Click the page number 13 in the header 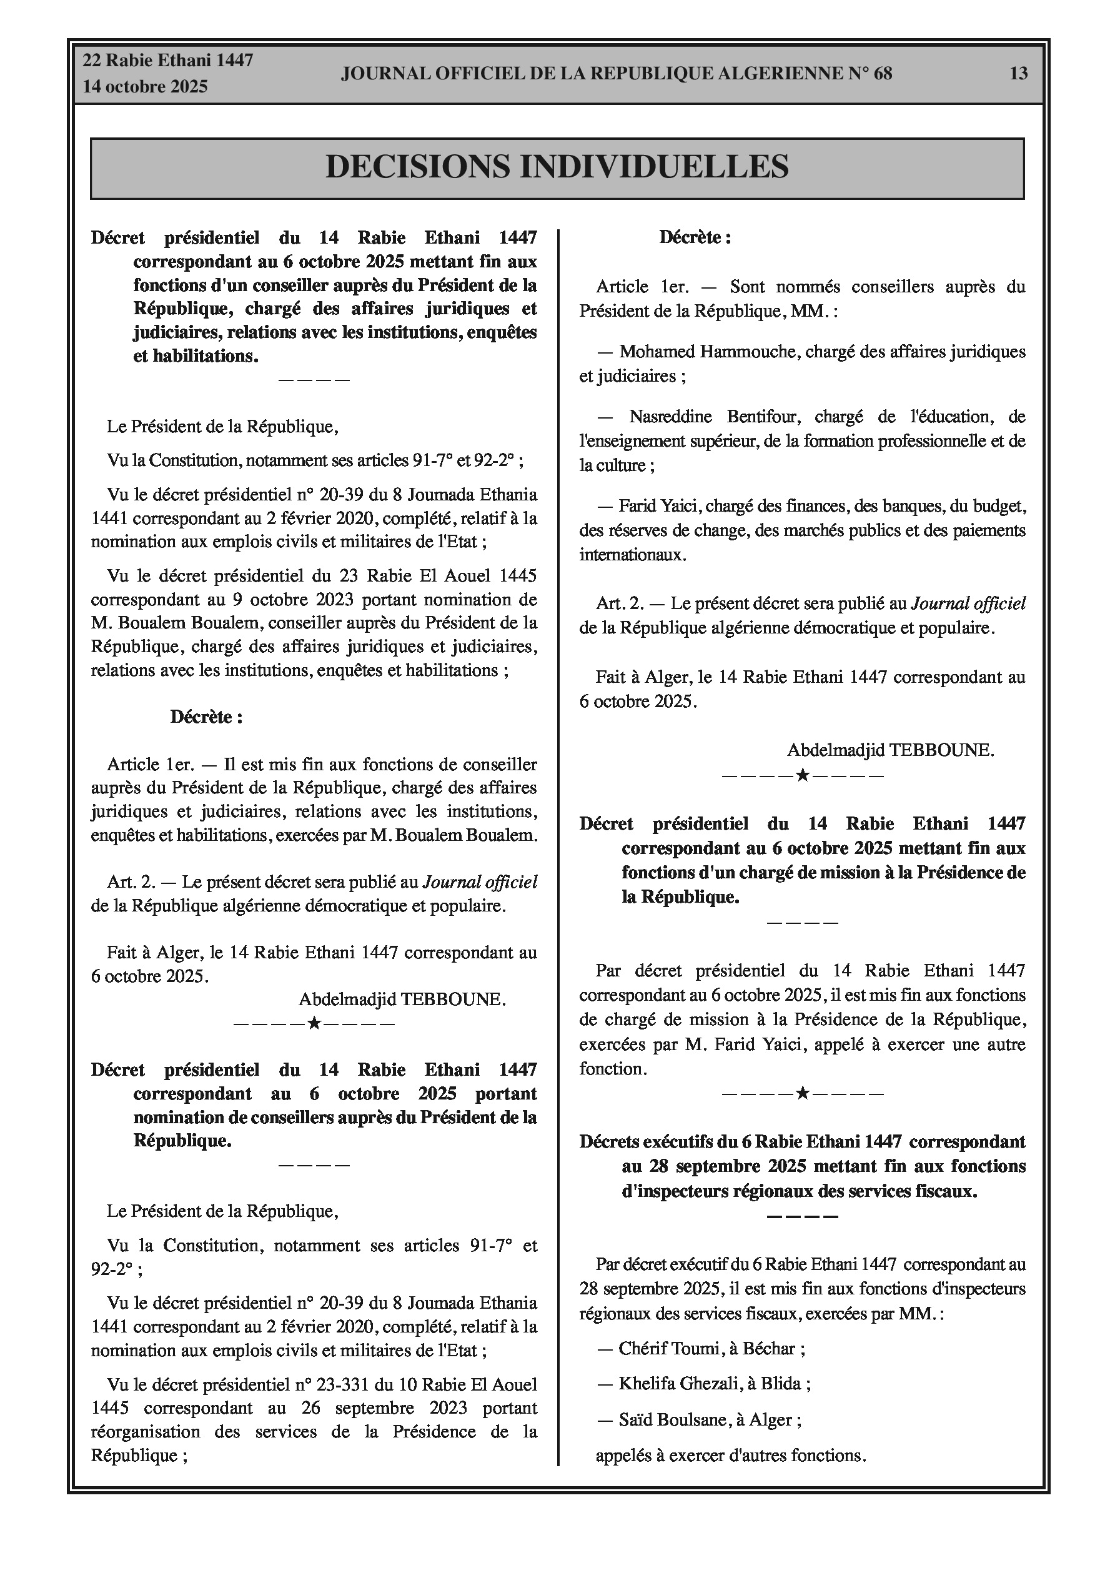coord(1018,74)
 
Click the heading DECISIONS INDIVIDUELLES coord(557,167)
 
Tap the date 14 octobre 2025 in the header coord(145,87)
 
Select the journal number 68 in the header coord(883,74)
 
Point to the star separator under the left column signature coord(314,1024)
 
